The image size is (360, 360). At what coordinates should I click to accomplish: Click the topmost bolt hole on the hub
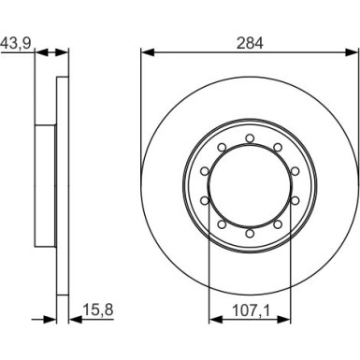tap(250, 139)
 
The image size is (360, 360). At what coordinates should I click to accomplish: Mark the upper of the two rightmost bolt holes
tap(295, 172)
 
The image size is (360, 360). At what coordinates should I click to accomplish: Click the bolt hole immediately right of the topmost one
tap(278, 149)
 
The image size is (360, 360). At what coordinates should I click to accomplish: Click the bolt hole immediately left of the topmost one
tap(222, 149)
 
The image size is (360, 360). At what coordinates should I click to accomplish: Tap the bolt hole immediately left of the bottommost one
tap(222, 225)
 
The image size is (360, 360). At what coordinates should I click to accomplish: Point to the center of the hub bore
tap(250, 187)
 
